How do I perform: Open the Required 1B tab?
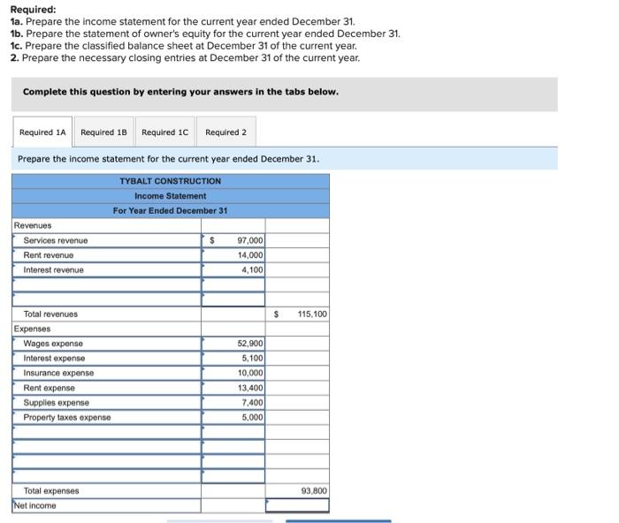coord(103,133)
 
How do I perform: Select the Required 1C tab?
coord(164,133)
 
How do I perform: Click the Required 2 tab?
coord(225,133)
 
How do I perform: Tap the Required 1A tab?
coord(42,133)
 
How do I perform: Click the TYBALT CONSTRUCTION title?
coord(171,181)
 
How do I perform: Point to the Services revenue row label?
coord(56,240)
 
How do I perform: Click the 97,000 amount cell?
coord(249,240)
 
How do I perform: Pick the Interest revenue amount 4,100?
coord(252,269)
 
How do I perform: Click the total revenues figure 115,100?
coord(311,315)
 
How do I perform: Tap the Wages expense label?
coord(53,344)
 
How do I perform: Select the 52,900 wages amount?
coord(249,344)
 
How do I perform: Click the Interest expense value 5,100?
coord(252,359)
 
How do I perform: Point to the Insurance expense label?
coord(58,373)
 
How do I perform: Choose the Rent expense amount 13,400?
coord(249,388)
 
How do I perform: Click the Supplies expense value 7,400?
coord(252,403)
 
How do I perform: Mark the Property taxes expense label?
coord(67,417)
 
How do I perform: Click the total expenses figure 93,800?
coord(313,491)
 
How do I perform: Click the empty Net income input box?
coord(296,505)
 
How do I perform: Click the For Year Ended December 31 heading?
coord(171,210)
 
